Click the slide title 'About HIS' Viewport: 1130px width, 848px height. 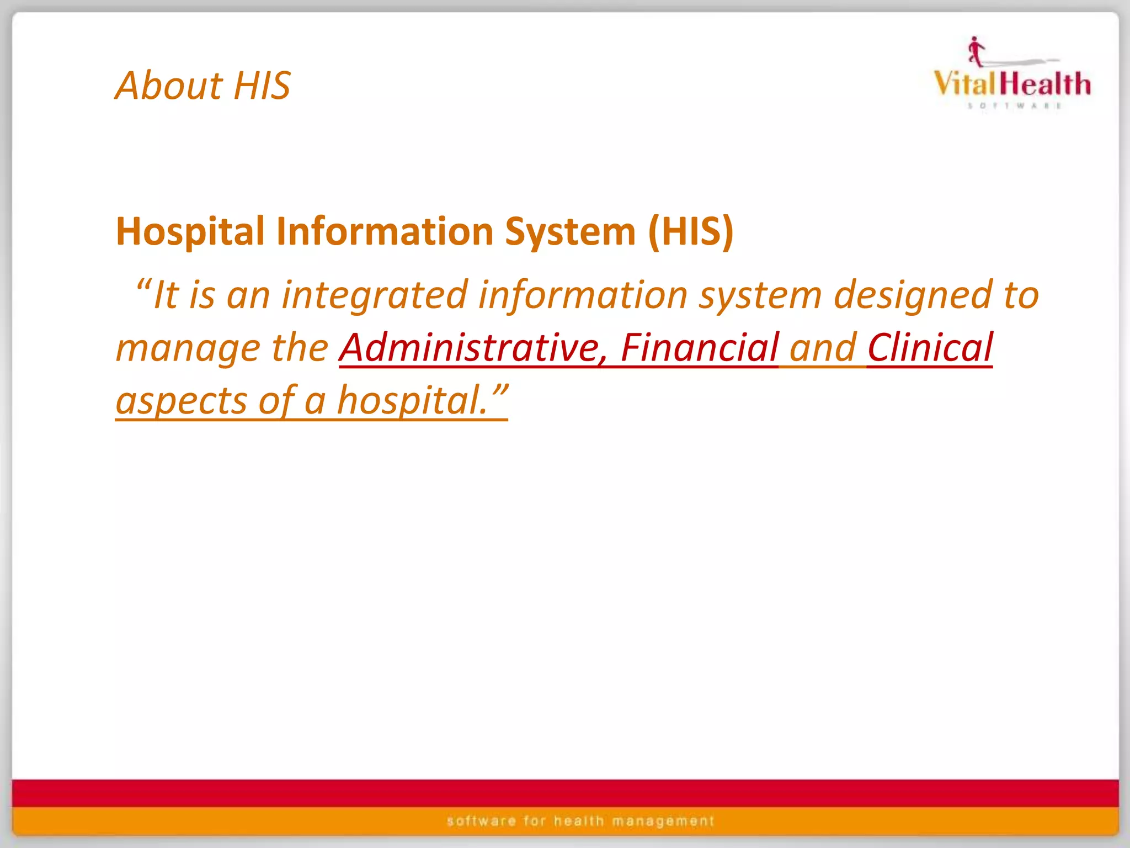click(202, 86)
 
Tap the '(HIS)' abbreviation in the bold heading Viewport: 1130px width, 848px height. click(691, 232)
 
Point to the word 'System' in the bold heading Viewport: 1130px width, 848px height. click(571, 232)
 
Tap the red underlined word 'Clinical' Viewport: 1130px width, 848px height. click(930, 348)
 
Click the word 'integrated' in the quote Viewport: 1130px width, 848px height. click(375, 295)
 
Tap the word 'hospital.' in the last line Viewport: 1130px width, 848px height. click(413, 401)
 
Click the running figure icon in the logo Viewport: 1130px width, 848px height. click(976, 51)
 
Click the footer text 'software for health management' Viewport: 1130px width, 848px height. click(580, 821)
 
